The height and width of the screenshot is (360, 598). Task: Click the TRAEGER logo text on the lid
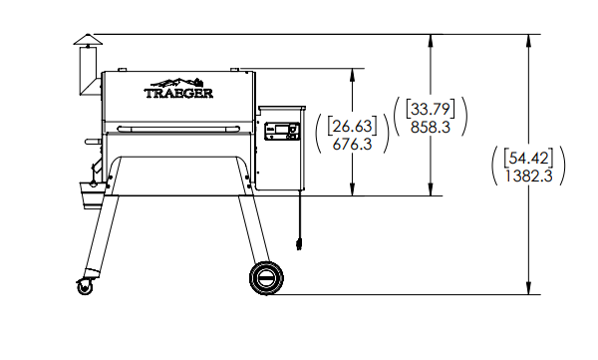click(x=179, y=95)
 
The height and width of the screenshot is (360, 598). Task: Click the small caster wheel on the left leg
click(x=82, y=286)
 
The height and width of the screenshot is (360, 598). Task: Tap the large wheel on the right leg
click(x=267, y=277)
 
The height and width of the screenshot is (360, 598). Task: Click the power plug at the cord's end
click(x=296, y=242)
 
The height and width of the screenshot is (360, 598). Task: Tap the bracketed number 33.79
click(x=431, y=110)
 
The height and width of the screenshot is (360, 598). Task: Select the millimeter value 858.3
click(x=431, y=128)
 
